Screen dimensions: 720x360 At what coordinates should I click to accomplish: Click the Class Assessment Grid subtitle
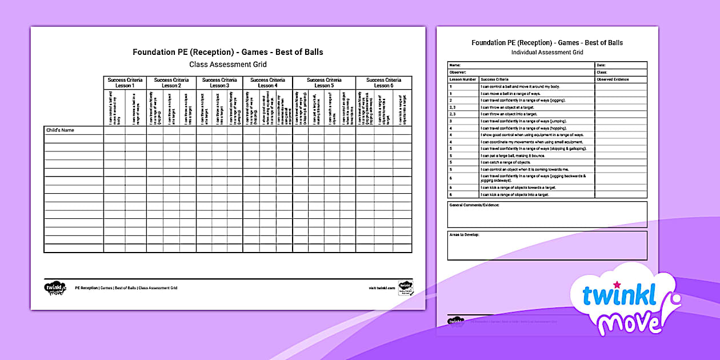coord(227,65)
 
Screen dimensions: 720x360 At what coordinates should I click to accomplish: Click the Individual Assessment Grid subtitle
coord(547,53)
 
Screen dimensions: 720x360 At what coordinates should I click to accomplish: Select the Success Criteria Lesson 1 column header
coord(125,83)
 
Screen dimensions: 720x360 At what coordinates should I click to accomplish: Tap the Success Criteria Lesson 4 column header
coord(267,83)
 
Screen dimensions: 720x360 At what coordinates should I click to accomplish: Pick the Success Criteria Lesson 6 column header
coord(383,83)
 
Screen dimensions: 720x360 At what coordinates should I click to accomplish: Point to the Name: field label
coord(455,65)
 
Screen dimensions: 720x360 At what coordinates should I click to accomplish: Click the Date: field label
coord(601,65)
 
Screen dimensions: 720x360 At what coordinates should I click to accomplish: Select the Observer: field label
coord(458,73)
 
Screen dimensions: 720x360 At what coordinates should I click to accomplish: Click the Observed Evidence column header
coord(613,79)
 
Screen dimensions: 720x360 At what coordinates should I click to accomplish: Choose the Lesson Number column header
coord(462,79)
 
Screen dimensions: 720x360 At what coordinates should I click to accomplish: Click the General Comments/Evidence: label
coord(474,205)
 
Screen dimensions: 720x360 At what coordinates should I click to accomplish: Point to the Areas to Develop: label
coord(464,235)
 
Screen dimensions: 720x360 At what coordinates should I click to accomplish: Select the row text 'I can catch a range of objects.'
coord(506,162)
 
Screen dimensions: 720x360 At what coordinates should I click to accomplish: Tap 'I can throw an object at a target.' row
coord(509,107)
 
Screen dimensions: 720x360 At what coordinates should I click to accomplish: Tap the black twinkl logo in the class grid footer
coord(55,287)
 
